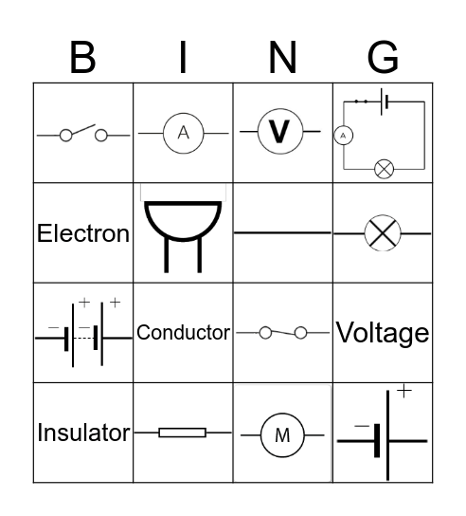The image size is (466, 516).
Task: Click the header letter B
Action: [x=82, y=59]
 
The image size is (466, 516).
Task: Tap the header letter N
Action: [x=282, y=59]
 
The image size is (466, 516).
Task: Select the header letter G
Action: [x=383, y=59]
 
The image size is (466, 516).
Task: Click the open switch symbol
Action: [x=83, y=135]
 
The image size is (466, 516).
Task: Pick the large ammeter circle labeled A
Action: [x=184, y=134]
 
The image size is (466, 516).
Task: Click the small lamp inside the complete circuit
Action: [x=384, y=169]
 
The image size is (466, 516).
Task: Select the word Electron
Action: [x=83, y=233]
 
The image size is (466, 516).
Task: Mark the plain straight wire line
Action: [x=282, y=231]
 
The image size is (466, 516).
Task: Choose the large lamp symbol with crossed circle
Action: [x=383, y=232]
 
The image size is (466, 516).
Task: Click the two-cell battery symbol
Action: [x=83, y=332]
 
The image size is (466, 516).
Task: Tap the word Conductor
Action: [x=183, y=333]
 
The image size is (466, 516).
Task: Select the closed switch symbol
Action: [x=282, y=333]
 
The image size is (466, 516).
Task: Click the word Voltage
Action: [x=383, y=333]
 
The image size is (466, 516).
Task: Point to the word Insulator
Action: [x=83, y=433]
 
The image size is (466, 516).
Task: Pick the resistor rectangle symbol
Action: [x=182, y=433]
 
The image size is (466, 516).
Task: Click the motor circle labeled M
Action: [x=282, y=435]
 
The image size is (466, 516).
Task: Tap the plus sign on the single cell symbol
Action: [x=404, y=391]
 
